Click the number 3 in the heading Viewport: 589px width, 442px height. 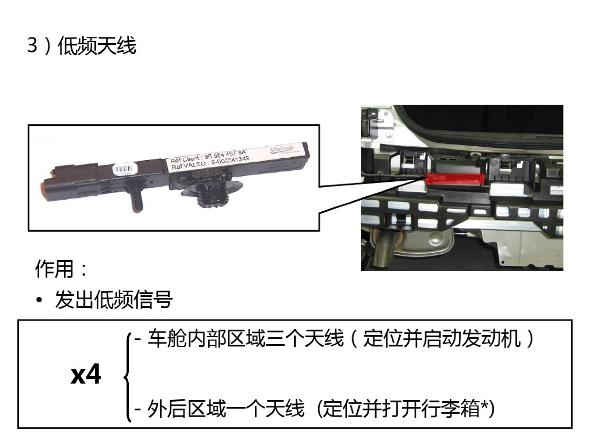pyautogui.click(x=32, y=46)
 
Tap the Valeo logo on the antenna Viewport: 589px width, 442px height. pyautogui.click(x=282, y=150)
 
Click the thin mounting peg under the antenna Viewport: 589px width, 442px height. pyautogui.click(x=136, y=199)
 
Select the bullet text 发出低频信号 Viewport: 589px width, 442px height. pyautogui.click(x=113, y=300)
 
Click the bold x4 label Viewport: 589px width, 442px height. pyautogui.click(x=86, y=375)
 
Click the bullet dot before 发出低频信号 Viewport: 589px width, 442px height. pyautogui.click(x=39, y=300)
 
